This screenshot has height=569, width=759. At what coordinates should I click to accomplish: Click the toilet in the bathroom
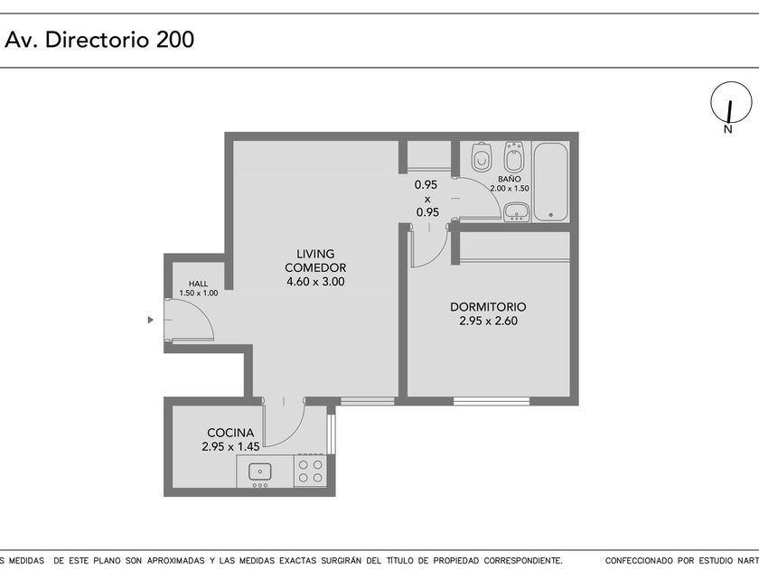[x=481, y=157]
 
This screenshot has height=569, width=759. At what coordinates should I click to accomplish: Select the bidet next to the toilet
[x=512, y=157]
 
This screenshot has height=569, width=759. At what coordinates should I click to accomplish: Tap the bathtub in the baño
[x=550, y=182]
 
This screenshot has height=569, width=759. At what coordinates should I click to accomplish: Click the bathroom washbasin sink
[x=516, y=212]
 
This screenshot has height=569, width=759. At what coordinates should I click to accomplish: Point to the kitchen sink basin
[x=260, y=471]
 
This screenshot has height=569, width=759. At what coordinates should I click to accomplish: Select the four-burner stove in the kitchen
[x=310, y=471]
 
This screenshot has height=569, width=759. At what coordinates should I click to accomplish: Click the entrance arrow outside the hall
[x=151, y=320]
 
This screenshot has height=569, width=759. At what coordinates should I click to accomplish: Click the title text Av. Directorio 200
[x=99, y=40]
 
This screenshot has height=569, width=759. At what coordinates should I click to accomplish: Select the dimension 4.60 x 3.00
[x=315, y=282]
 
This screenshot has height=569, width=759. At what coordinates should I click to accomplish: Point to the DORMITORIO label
[x=488, y=307]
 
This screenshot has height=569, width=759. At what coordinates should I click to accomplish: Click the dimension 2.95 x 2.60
[x=489, y=321]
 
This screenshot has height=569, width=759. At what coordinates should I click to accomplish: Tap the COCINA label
[x=230, y=433]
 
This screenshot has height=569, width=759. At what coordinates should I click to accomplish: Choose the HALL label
[x=199, y=284]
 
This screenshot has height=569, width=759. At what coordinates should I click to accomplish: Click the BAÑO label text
[x=510, y=179]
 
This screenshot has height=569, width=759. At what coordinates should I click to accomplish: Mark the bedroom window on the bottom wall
[x=492, y=401]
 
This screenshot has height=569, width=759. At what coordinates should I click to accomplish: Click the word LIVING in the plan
[x=315, y=254]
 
